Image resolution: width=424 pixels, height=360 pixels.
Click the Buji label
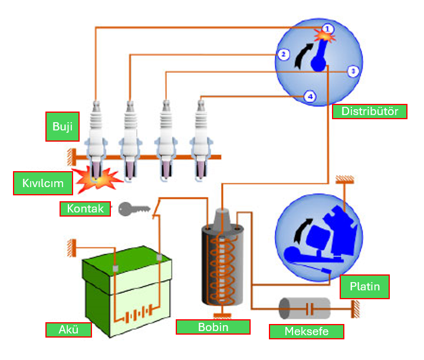pyautogui.click(x=62, y=127)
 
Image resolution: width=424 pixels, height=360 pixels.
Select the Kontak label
pyautogui.click(x=85, y=209)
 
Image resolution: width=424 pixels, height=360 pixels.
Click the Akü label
pyautogui.click(x=68, y=329)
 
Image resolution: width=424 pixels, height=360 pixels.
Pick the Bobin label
pyautogui.click(x=213, y=326)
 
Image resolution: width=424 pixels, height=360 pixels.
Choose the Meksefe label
pyautogui.click(x=306, y=331)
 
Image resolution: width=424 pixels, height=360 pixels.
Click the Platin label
pyautogui.click(x=364, y=287)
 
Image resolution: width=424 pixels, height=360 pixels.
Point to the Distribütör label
pyautogui.click(x=370, y=112)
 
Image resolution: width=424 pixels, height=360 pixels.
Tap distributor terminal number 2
pyautogui.click(x=283, y=54)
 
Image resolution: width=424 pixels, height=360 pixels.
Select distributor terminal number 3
pyautogui.click(x=352, y=71)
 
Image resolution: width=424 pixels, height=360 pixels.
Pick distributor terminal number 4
pyautogui.click(x=310, y=96)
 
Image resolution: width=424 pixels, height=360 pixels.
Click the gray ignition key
pyautogui.click(x=132, y=208)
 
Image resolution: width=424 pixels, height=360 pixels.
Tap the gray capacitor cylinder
pyautogui.click(x=305, y=307)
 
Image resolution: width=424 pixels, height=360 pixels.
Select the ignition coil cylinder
pyautogui.click(x=222, y=263)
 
